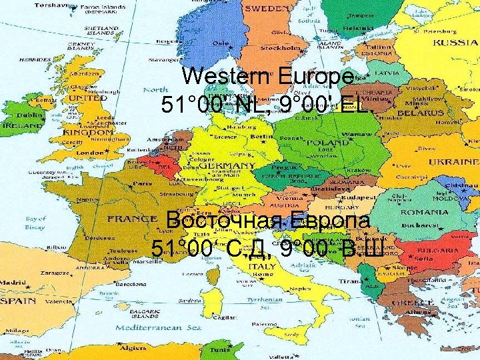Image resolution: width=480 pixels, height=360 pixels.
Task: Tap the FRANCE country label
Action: (132, 218)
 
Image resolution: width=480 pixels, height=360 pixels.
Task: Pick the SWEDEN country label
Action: (266, 9)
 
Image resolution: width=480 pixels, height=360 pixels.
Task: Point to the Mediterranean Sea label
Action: (158, 328)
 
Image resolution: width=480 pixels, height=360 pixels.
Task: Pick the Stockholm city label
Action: (280, 48)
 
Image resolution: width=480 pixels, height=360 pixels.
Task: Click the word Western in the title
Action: (224, 76)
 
